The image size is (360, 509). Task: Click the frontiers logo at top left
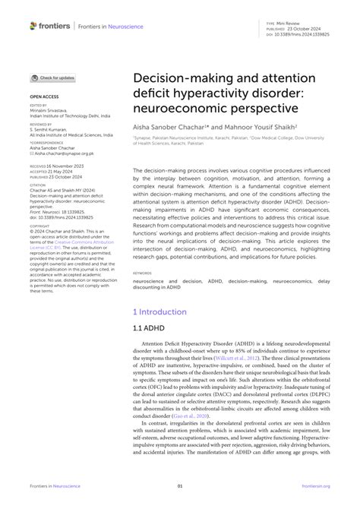pyautogui.click(x=50, y=25)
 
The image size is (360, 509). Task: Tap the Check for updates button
pyautogui.click(x=52, y=77)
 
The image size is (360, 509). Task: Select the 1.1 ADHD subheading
pyautogui.click(x=149, y=330)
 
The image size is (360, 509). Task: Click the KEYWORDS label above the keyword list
pyautogui.click(x=142, y=272)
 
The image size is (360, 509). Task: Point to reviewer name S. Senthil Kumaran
pyautogui.click(x=52, y=128)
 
